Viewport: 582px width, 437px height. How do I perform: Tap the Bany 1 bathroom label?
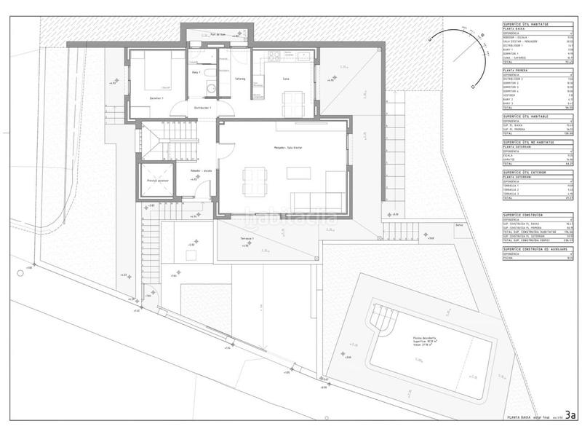[196, 73]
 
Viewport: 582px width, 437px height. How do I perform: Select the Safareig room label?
[239, 78]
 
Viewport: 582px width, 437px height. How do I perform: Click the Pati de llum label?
[216, 34]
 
